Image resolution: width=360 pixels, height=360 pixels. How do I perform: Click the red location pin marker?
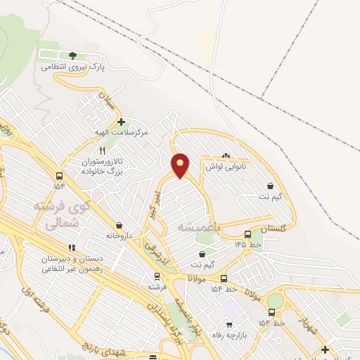coord(181,165)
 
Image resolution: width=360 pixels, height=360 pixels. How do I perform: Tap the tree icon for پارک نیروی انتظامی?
coord(73,56)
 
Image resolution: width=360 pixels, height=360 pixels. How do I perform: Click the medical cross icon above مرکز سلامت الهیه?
coord(121,122)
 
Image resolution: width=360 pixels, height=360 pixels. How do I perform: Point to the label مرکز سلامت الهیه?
coord(122,132)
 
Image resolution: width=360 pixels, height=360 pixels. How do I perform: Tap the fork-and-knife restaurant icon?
coord(102,150)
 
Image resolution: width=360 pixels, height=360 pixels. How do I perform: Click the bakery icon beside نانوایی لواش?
coord(226,156)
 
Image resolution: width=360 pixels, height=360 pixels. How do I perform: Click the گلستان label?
coord(274,229)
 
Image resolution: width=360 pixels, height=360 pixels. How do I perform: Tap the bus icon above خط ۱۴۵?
coord(247,234)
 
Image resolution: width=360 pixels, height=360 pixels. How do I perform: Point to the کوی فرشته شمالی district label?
coord(63,215)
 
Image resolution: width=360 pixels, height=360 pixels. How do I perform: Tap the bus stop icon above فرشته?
coord(156,277)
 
